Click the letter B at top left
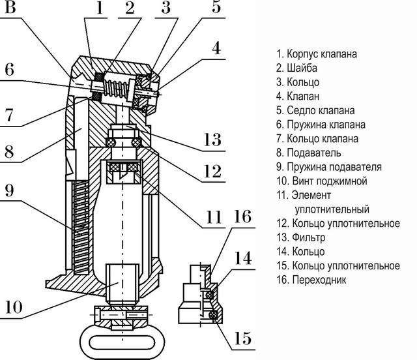[x=12, y=9]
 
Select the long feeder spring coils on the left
[x=79, y=225]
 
